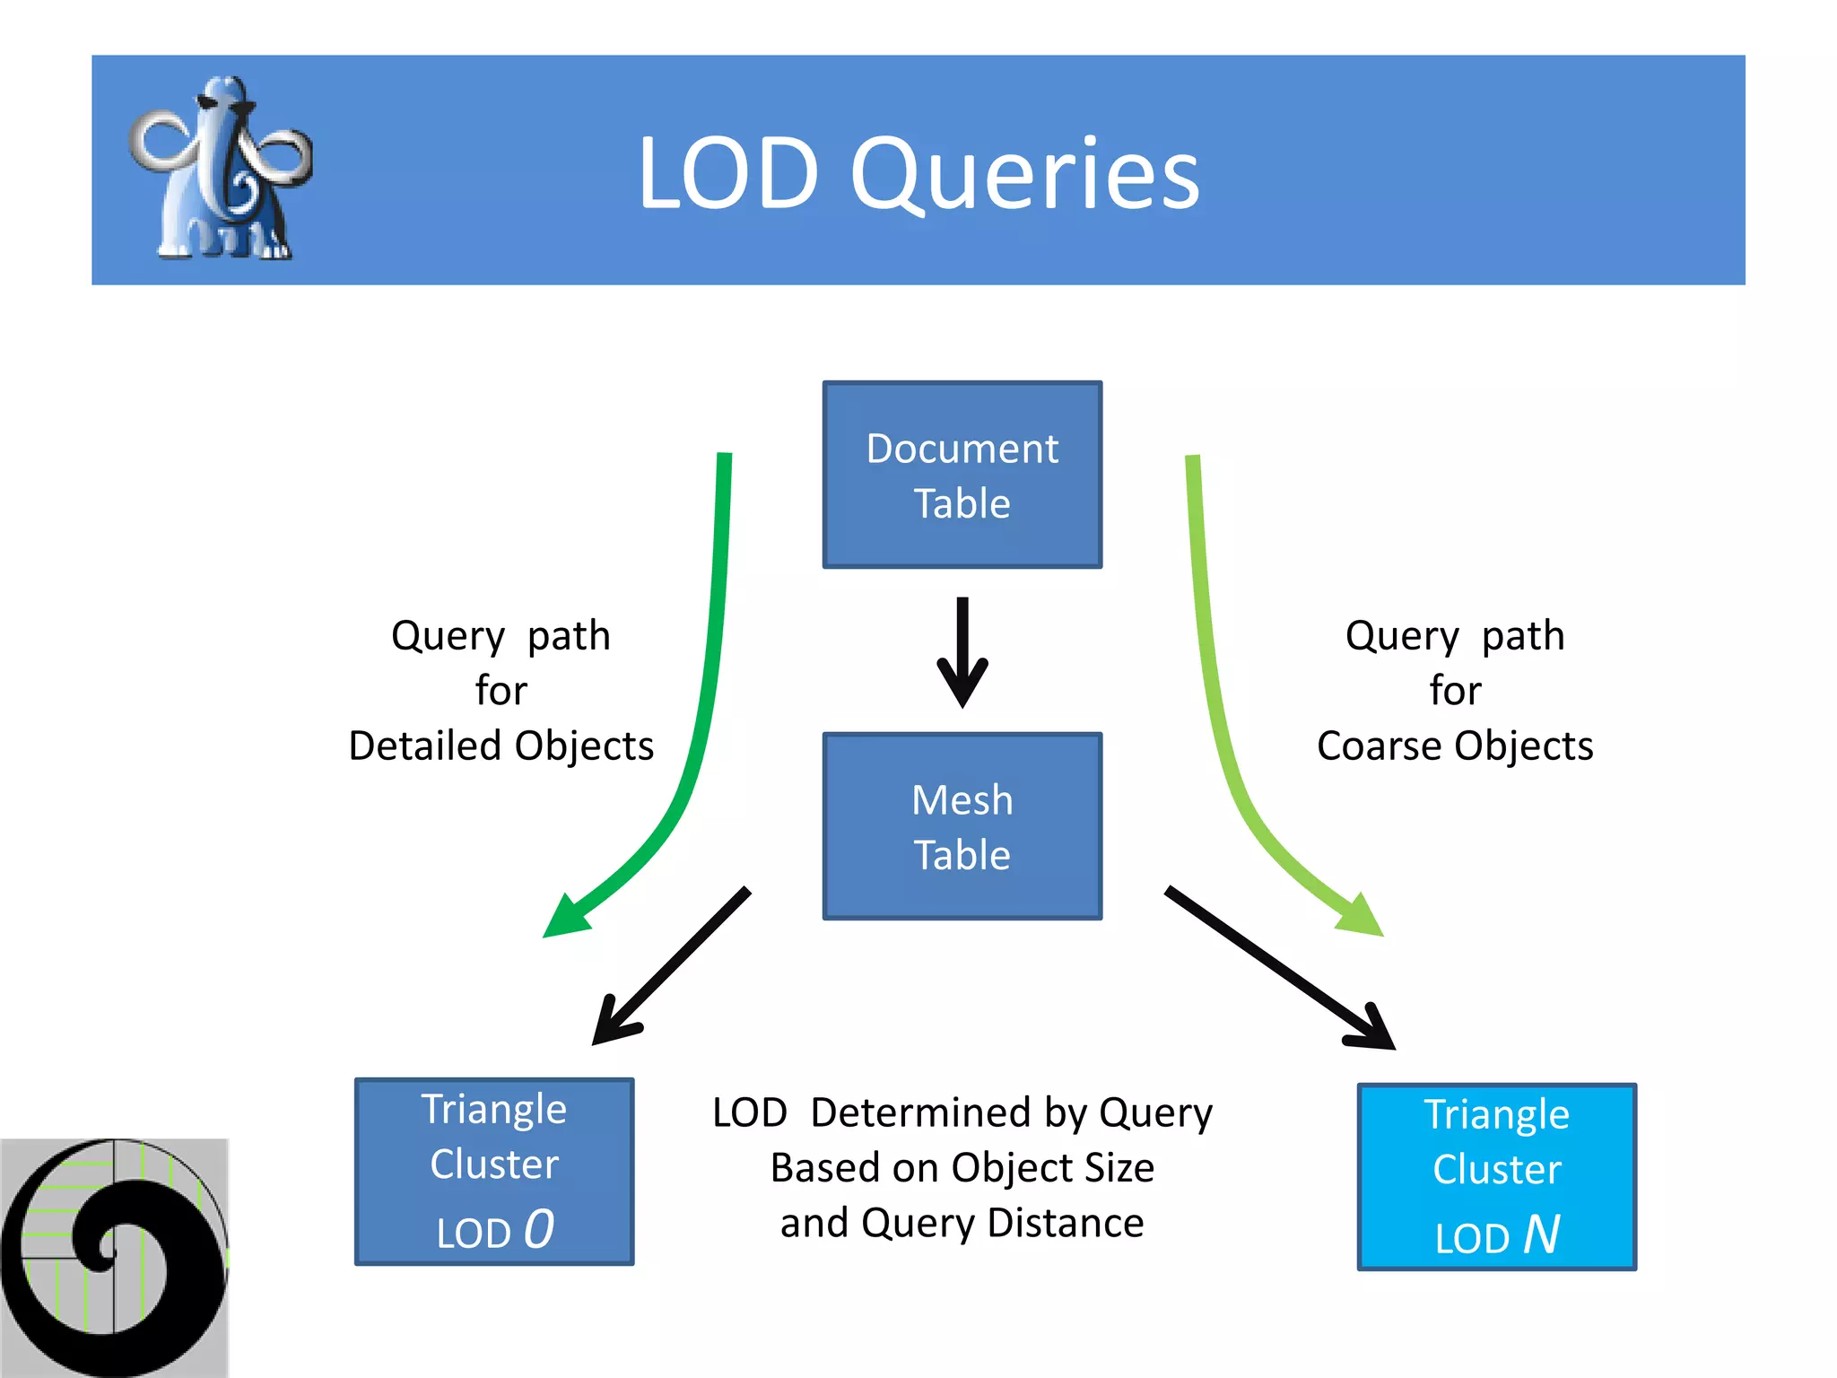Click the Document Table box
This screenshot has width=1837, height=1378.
[962, 475]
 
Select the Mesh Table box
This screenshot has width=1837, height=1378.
[962, 826]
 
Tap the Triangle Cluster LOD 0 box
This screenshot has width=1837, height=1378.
[494, 1172]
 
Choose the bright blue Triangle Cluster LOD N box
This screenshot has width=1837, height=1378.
[1496, 1176]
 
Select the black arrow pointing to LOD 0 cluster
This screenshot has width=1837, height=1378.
[673, 965]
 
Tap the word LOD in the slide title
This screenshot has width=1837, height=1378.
[727, 174]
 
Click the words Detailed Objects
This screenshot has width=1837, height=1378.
[501, 746]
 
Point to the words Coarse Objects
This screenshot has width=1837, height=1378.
[1454, 746]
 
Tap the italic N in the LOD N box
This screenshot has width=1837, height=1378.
[1541, 1234]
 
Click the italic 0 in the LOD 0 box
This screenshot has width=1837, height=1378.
[539, 1229]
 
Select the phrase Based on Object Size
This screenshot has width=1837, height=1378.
[962, 1168]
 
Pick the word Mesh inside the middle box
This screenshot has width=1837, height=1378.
[962, 800]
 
